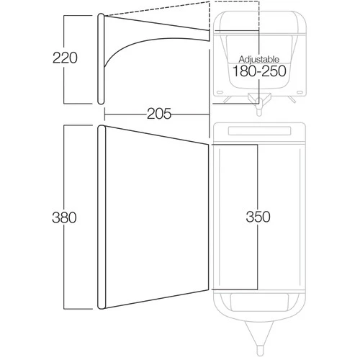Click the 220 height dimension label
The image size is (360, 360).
coord(65,58)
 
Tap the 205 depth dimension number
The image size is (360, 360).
coord(159,114)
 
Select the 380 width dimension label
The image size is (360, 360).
coord(64,217)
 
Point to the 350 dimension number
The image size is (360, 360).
coord(258,217)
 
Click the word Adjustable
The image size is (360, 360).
coord(259,59)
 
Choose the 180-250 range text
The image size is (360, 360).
coord(259,71)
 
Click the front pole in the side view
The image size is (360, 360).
coord(101,59)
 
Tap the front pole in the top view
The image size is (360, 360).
coord(102,217)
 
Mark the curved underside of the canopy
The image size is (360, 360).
coord(144,41)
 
